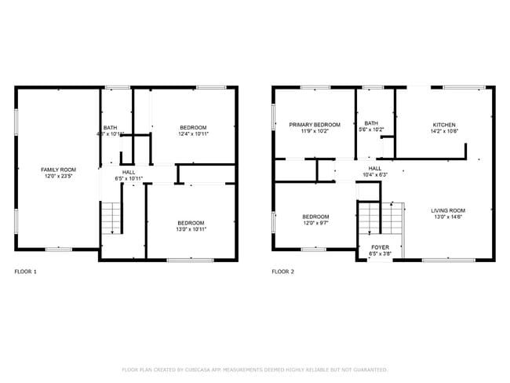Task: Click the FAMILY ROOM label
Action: [x=58, y=170]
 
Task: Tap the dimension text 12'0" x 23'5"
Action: [x=58, y=177]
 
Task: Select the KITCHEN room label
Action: [x=444, y=125]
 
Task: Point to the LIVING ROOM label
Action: [x=448, y=210]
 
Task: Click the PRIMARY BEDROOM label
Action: [x=315, y=125]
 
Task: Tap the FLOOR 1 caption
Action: [x=25, y=272]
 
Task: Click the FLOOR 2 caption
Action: [x=282, y=272]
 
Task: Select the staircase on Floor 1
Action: [x=112, y=217]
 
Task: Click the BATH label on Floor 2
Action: [x=370, y=123]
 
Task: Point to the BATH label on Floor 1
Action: [x=111, y=128]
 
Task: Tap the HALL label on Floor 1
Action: [x=128, y=172]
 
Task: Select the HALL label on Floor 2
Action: [x=374, y=168]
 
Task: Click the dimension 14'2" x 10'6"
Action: [x=444, y=132]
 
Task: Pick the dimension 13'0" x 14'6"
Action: [x=448, y=217]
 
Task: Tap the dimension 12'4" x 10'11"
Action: [x=192, y=134]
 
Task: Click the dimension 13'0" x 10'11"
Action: [x=190, y=229]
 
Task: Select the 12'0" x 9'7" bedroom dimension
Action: [x=315, y=224]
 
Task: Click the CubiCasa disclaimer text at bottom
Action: [x=254, y=370]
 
